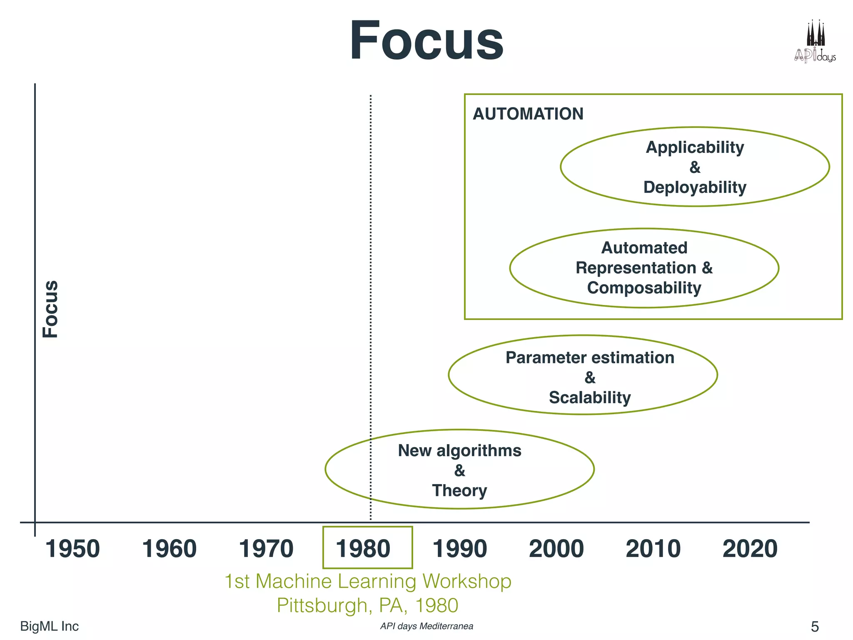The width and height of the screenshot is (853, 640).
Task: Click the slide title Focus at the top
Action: click(426, 41)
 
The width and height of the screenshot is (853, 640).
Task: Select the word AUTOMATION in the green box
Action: click(528, 114)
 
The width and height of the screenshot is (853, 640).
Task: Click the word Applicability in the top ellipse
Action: click(695, 147)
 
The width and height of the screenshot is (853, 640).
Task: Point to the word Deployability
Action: click(695, 187)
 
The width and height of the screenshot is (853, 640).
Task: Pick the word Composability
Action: click(644, 288)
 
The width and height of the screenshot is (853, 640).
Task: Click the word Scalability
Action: click(590, 397)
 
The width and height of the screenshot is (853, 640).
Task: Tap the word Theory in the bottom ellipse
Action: click(459, 490)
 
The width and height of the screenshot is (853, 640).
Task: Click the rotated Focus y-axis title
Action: click(51, 309)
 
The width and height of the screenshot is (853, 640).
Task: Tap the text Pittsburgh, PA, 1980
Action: click(367, 605)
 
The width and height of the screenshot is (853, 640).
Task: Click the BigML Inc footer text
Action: click(49, 626)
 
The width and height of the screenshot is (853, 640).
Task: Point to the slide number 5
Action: click(815, 627)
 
